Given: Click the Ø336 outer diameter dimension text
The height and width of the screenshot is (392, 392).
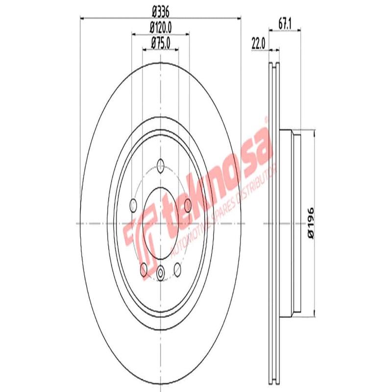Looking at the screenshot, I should pyautogui.click(x=161, y=9).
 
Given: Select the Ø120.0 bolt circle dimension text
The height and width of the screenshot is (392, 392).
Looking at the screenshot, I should pyautogui.click(x=161, y=28).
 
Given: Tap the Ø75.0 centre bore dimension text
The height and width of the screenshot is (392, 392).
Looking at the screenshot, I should pyautogui.click(x=161, y=43).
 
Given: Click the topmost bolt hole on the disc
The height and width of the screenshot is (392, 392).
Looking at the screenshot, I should pyautogui.click(x=161, y=165).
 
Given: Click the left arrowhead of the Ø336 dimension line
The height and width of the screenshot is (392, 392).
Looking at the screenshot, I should pyautogui.click(x=83, y=19).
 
